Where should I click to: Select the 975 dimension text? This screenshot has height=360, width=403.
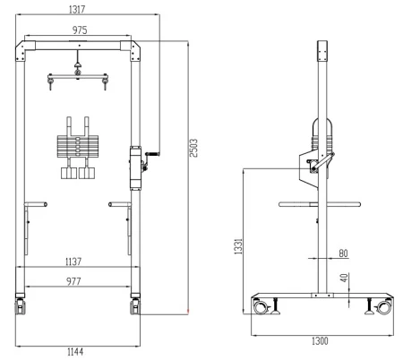tap(79, 30)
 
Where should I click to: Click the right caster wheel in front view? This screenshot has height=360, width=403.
tap(136, 307)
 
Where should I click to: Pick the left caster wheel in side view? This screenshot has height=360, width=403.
tap(261, 308)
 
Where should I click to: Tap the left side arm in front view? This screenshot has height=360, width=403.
tap(36, 203)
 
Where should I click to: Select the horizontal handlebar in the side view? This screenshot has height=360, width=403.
tap(319, 203)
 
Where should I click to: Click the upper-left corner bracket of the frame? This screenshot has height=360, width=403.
tap(21, 52)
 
